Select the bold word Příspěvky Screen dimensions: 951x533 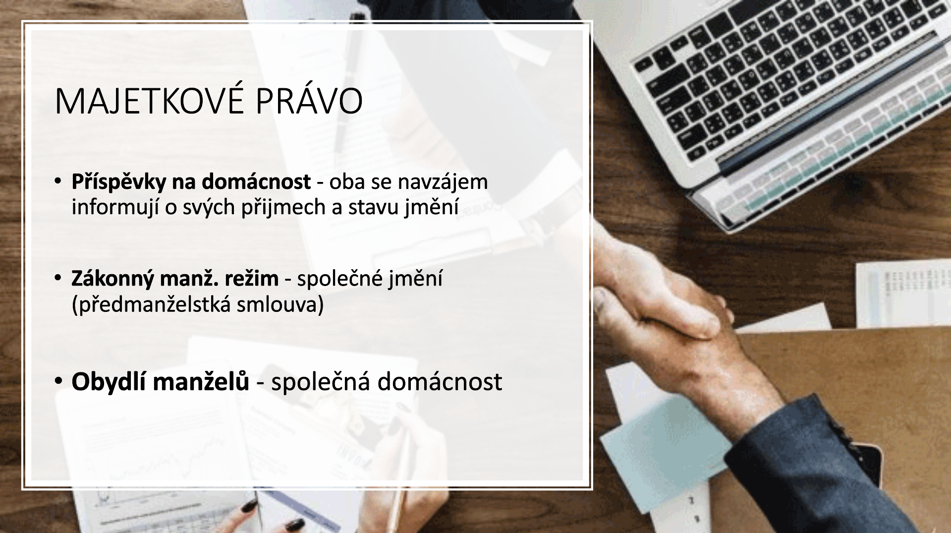click(x=119, y=182)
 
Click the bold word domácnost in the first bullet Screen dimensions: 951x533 click(x=256, y=181)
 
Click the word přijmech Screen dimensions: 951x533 click(x=283, y=207)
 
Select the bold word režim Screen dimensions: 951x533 click(x=252, y=278)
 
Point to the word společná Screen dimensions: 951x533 click(x=321, y=382)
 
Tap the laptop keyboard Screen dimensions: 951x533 click(x=788, y=74)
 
